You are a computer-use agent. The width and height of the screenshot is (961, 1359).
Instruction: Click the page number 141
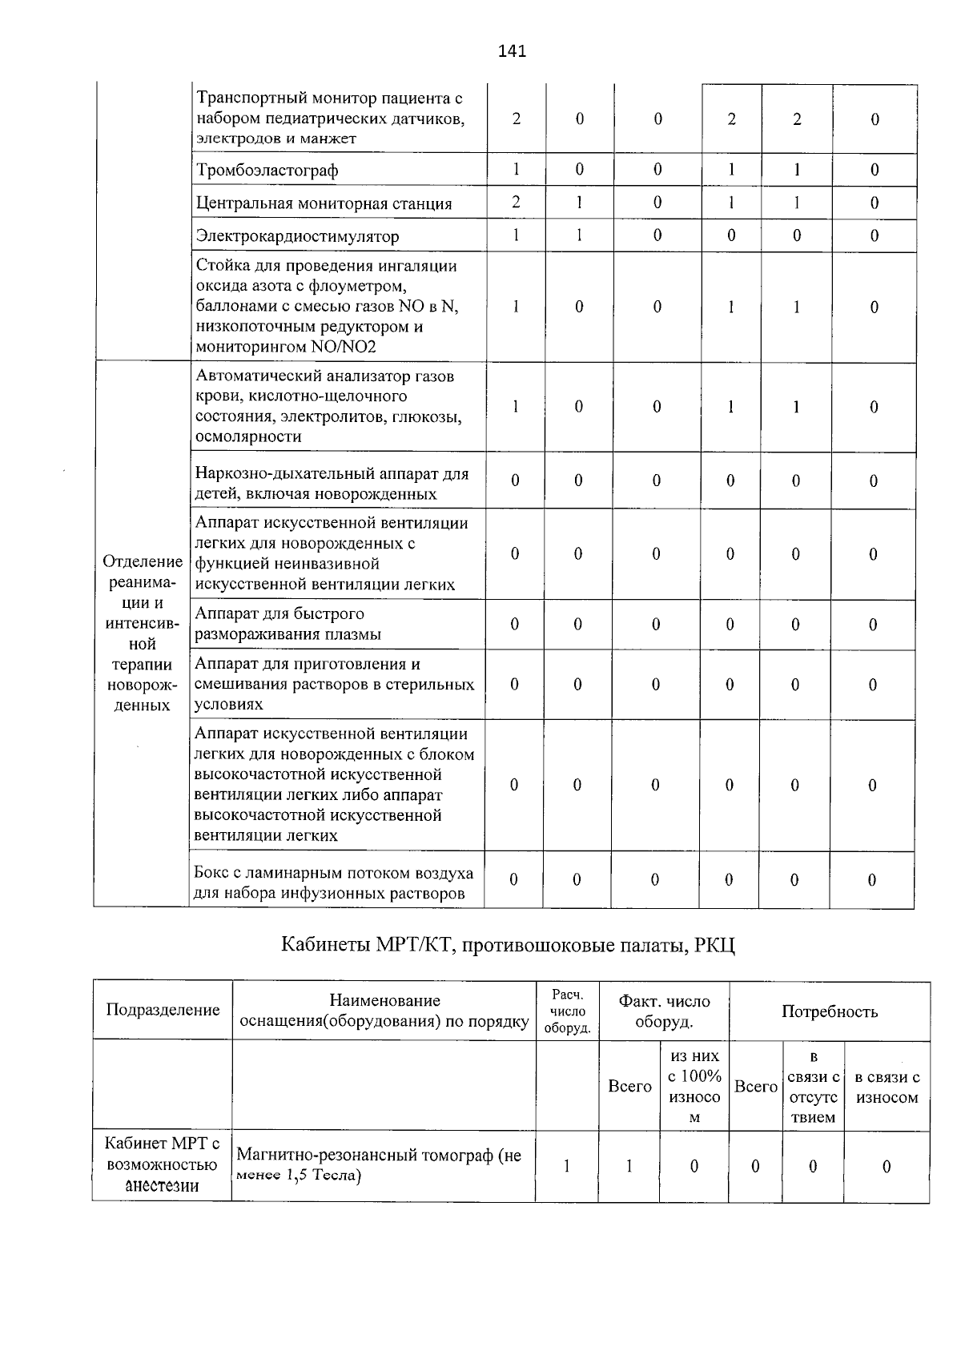pyautogui.click(x=512, y=51)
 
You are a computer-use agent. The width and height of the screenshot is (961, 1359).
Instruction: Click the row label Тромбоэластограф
pyautogui.click(x=267, y=171)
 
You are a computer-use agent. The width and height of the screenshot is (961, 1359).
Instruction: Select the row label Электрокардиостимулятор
pyautogui.click(x=297, y=236)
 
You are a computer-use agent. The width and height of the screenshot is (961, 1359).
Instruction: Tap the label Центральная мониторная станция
pyautogui.click(x=324, y=203)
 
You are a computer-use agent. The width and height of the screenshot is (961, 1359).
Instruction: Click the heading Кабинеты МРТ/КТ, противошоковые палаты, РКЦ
pyautogui.click(x=508, y=945)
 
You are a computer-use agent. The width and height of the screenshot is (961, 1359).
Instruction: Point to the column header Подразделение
pyautogui.click(x=163, y=1010)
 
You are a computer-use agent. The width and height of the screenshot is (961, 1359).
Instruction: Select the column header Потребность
pyautogui.click(x=830, y=1011)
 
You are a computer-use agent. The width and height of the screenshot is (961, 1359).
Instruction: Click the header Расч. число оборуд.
pyautogui.click(x=567, y=1011)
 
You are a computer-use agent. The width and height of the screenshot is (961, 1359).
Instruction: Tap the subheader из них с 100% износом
pyautogui.click(x=694, y=1087)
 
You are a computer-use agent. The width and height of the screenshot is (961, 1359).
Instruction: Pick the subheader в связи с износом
pyautogui.click(x=887, y=1088)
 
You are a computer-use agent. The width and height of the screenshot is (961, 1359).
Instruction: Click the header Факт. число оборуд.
pyautogui.click(x=664, y=1011)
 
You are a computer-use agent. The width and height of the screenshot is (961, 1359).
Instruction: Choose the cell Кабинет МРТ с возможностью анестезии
pyautogui.click(x=163, y=1165)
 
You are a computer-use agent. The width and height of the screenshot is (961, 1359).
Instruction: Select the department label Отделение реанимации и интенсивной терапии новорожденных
pyautogui.click(x=142, y=633)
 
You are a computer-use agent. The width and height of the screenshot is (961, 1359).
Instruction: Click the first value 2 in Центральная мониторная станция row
pyautogui.click(x=517, y=203)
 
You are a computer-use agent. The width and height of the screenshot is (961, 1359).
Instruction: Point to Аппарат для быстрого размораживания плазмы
pyautogui.click(x=288, y=624)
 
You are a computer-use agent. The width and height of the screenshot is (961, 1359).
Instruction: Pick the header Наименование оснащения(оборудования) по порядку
pyautogui.click(x=384, y=1011)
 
